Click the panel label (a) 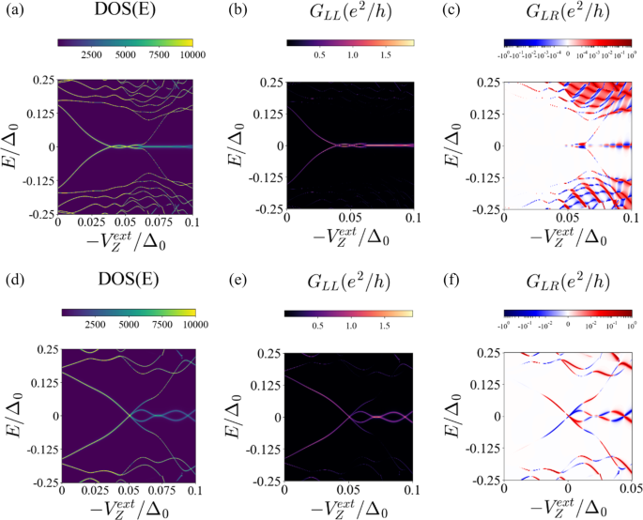(x=10, y=10)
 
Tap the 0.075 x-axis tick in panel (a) (x=161, y=222)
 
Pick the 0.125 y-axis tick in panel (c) (x=482, y=115)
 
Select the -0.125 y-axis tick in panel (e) (x=260, y=449)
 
